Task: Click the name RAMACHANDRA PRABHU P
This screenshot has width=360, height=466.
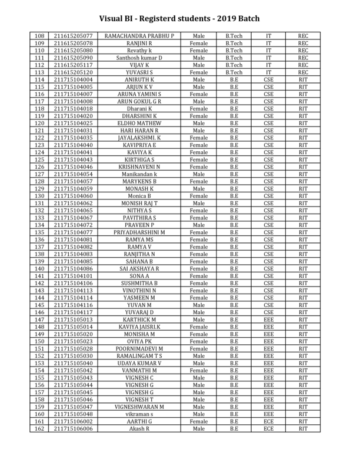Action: tap(139, 36)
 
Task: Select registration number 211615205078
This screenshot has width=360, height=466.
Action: tap(73, 44)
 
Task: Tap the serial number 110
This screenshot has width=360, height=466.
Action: tap(39, 51)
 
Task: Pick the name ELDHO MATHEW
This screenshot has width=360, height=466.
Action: tap(139, 123)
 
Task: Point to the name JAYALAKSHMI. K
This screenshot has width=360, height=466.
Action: tap(139, 138)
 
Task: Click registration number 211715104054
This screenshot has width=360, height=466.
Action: tap(73, 174)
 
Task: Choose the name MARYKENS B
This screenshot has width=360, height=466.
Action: tap(139, 181)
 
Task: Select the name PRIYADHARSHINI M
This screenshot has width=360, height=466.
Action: tap(139, 232)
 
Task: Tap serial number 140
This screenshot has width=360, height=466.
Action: tap(39, 268)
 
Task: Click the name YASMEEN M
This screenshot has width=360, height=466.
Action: tap(139, 297)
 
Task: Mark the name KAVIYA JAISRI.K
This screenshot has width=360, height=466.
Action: tap(139, 326)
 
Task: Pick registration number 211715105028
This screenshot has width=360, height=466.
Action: tap(73, 348)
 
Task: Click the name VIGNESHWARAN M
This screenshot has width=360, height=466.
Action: tap(139, 406)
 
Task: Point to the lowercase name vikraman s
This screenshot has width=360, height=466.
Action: tap(139, 413)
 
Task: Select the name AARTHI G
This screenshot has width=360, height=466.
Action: tap(139, 421)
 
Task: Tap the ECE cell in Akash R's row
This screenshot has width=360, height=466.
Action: tap(269, 428)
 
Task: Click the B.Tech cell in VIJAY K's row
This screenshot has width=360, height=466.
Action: tap(234, 65)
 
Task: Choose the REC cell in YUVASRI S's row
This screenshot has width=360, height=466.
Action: tap(304, 72)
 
